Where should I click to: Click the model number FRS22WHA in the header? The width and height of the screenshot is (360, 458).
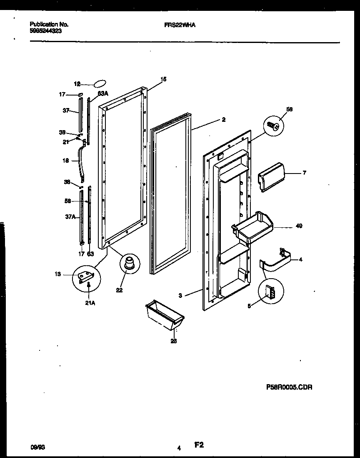pos(180,25)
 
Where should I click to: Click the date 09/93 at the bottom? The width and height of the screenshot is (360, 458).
pos(37,446)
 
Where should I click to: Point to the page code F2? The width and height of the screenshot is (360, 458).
pos(198,445)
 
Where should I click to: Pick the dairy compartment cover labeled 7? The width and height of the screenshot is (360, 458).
pos(270,177)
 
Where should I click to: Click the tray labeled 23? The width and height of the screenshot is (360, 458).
pos(165,315)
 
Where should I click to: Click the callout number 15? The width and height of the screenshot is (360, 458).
pos(163,79)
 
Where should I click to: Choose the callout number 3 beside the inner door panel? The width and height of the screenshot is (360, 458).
pos(180,296)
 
